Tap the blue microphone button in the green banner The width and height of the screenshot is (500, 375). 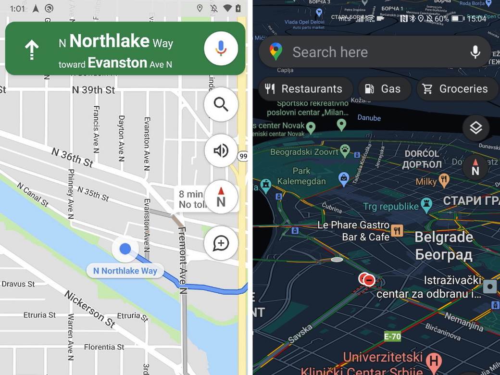point(221,48)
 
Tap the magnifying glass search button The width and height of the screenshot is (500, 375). point(221,104)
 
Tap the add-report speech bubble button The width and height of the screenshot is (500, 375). point(221,243)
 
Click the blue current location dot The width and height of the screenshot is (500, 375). point(125,249)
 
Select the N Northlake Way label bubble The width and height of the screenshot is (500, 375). point(125,271)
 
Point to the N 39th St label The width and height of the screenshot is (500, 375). point(93,90)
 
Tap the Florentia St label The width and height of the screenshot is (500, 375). point(104,347)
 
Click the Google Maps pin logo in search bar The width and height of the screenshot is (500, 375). point(275,51)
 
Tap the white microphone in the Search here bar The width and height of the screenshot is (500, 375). point(475,52)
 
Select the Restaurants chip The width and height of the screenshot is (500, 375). point(304,89)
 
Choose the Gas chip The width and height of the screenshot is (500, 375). point(384,89)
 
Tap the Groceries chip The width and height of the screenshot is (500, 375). point(455,89)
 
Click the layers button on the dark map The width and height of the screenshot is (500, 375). point(475,128)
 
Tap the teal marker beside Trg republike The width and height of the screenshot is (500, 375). point(426,206)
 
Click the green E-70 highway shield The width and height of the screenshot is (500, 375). point(392,337)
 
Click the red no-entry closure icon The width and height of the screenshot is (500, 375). point(369,279)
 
